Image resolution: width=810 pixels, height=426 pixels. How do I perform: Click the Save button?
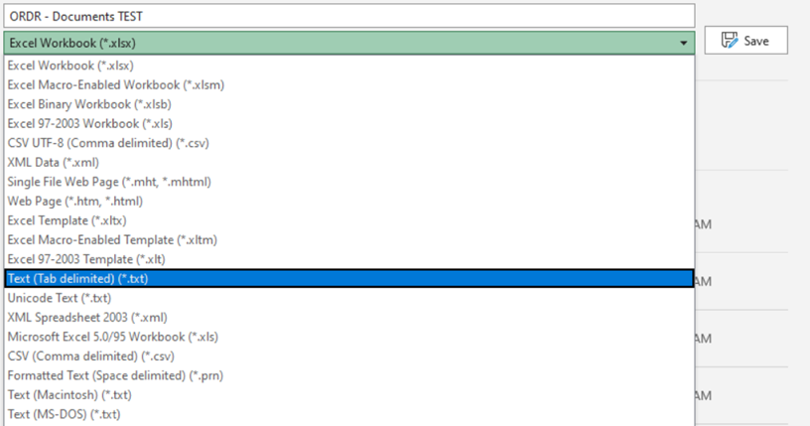(744, 41)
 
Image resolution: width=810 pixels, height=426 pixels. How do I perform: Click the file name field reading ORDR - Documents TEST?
(347, 16)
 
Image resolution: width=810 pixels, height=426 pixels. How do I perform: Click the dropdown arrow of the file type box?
(684, 44)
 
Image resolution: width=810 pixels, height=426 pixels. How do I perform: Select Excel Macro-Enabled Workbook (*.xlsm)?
(116, 84)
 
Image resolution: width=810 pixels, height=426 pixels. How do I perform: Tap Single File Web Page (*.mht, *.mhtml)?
(109, 182)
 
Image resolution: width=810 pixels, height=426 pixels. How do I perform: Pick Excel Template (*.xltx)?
(67, 220)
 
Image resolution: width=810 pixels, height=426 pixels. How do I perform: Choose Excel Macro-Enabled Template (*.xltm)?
(112, 239)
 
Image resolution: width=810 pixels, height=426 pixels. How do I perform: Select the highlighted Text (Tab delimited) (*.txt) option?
(78, 279)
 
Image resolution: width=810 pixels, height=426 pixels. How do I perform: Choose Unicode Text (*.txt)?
(59, 298)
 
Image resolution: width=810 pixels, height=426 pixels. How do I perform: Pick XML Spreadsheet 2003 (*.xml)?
(87, 318)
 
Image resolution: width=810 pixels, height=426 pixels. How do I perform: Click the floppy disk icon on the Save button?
(730, 41)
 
